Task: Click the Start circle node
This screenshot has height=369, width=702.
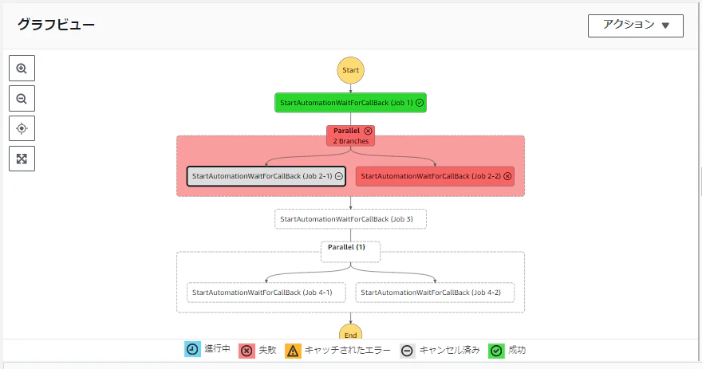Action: pos(350,70)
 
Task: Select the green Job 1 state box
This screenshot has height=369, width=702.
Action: pos(350,103)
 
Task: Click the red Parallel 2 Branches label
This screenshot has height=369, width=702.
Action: pos(350,135)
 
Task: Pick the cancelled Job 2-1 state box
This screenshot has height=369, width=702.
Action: pos(266,176)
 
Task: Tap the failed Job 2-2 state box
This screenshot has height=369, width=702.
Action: pos(435,176)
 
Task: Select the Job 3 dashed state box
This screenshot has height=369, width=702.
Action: pos(350,219)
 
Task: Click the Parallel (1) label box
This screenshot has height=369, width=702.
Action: pos(350,251)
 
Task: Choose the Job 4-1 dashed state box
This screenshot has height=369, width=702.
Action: pos(266,292)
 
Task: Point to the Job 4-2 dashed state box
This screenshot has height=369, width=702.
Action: pos(435,292)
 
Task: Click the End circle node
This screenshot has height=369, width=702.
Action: pos(350,332)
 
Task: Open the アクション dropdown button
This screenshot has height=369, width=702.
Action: pos(636,26)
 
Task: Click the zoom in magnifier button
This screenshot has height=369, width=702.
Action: pos(22,68)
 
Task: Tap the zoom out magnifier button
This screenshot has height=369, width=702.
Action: pos(22,98)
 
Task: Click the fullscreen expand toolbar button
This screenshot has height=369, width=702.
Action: pos(22,159)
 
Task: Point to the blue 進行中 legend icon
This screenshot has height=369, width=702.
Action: pos(192,349)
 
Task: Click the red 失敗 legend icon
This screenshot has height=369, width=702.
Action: pos(246,350)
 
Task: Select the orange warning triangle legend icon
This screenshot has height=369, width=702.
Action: pos(293,351)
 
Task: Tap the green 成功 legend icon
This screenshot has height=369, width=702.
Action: pos(496,350)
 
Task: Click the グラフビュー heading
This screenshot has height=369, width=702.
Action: pos(56,24)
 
